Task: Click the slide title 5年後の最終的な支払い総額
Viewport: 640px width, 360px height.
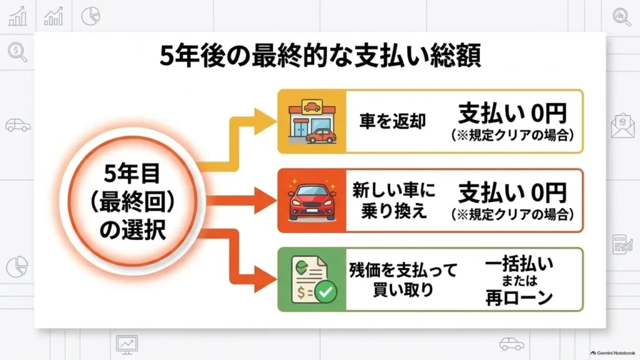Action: point(320,56)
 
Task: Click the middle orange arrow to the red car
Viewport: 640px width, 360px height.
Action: point(241,201)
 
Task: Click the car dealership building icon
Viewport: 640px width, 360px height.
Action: point(312,121)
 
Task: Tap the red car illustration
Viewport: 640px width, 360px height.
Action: point(312,201)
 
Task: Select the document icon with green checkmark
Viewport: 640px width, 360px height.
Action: point(313,280)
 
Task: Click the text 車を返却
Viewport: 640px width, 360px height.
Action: point(392,121)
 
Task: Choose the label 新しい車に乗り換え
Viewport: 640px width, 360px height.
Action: point(394,201)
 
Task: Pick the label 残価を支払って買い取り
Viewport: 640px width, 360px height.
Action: point(403,280)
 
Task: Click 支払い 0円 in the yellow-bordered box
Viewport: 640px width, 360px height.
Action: point(512,114)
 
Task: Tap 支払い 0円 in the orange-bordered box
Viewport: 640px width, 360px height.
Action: point(512,192)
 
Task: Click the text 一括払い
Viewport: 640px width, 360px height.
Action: point(519,264)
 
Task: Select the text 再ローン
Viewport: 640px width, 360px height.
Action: point(519,297)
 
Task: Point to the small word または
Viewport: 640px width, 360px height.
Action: point(519,281)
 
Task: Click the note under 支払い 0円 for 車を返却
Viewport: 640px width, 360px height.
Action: point(512,135)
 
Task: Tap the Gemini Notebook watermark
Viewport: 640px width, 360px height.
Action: point(612,353)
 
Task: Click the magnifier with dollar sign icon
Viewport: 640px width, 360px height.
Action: point(17,52)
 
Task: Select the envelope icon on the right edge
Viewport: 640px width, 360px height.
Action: point(622,125)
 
